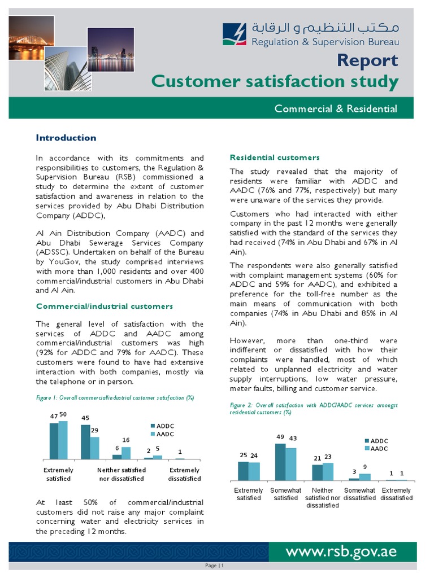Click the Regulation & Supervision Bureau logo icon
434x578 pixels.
coord(235,34)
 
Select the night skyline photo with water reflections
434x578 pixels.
coord(111,50)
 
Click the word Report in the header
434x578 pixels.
coord(367,60)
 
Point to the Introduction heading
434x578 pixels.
coord(66,138)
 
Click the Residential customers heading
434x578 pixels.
coord(275,157)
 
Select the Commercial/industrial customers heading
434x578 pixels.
coord(105,306)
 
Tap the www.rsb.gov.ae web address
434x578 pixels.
coord(341,551)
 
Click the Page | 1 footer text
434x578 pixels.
coord(214,566)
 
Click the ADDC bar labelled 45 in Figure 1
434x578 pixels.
coord(86,442)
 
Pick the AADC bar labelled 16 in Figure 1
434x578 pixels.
coord(126,453)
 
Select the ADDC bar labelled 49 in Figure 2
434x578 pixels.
coord(280,462)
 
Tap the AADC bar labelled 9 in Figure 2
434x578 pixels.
coord(365,477)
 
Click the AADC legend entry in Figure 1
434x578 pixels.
coord(162,434)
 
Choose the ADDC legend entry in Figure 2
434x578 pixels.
coord(376,441)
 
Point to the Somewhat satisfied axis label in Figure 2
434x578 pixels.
coord(285,494)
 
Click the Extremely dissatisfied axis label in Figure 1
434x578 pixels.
coord(185,474)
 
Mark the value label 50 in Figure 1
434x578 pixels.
coord(63,414)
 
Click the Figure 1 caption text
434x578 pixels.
coord(115,398)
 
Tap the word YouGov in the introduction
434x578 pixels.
coord(58,262)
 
